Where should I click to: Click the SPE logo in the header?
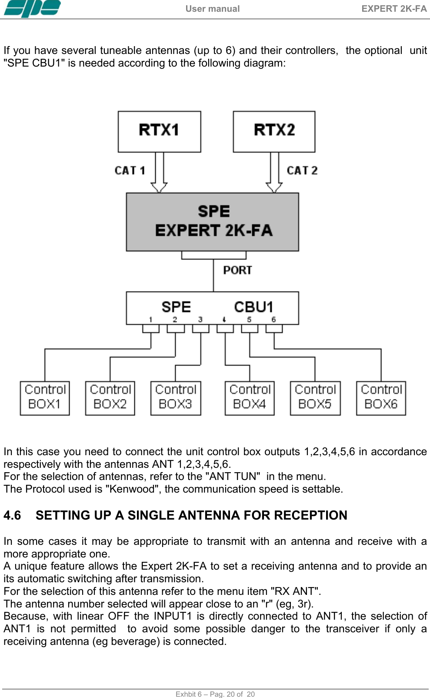point(32,8)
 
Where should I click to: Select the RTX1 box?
point(159,131)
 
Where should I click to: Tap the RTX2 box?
point(274,131)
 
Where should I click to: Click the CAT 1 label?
point(130,171)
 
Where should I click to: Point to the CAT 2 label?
point(302,171)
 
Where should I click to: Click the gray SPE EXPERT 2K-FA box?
point(213,221)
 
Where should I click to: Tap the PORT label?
point(237,270)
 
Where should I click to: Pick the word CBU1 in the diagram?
point(253,307)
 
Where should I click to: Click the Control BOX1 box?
point(45,398)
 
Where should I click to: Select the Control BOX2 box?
point(110,398)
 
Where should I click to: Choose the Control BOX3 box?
point(176,398)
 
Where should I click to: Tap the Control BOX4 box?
point(250,398)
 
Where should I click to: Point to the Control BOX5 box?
point(315,398)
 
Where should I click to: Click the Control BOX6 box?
point(381,398)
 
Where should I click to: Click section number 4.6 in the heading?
point(12,515)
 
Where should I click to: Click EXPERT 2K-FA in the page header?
point(394,9)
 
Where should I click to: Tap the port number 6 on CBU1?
point(273,319)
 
